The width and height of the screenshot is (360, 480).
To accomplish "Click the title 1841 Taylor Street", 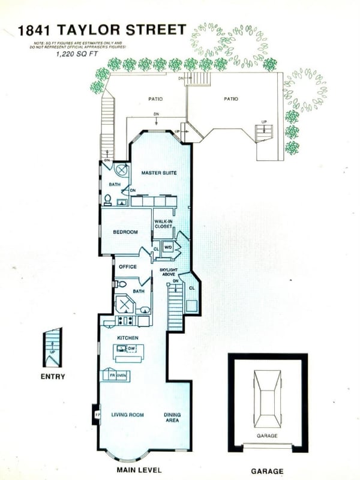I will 102,29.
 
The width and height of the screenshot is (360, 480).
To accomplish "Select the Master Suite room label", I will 159,173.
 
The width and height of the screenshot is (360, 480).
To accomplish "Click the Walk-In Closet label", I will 163,224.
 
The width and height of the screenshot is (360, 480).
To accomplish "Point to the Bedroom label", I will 125,232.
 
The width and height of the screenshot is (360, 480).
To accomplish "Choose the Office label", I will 128,266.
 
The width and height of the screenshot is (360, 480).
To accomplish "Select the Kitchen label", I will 128,338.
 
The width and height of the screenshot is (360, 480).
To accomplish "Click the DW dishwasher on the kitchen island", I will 131,348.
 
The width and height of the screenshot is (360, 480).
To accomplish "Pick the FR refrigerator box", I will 112,376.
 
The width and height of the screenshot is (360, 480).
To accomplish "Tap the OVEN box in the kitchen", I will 121,376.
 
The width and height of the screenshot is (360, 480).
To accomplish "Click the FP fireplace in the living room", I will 97,414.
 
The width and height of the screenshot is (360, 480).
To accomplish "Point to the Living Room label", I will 127,415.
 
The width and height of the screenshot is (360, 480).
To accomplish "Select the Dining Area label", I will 172,417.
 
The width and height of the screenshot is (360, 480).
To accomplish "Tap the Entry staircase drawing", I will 53,347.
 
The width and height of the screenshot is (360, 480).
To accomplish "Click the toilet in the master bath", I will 108,199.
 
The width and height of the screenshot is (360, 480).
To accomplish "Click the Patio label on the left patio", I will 155,99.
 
